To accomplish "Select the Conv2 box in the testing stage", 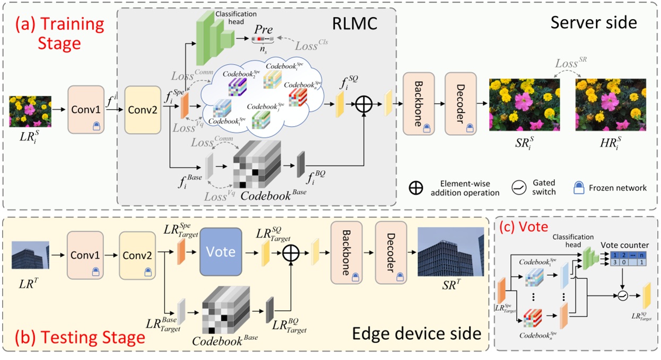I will click(137, 256).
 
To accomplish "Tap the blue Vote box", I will click(221, 252).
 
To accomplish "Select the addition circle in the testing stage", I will click(289, 256).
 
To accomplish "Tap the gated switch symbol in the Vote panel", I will click(622, 296).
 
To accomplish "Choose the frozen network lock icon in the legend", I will click(583, 187).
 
